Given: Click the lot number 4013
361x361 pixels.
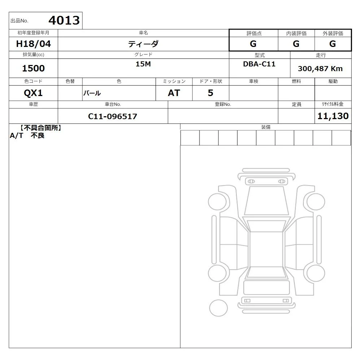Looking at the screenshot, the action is point(64,20).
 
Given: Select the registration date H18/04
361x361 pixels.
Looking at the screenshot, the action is point(33,44).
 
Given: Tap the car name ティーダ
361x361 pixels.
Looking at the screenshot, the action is point(143,44).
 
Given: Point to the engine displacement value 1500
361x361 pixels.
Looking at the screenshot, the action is point(33,68).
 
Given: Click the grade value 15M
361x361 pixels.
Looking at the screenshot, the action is point(143,64).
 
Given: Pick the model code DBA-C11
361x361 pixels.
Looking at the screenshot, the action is point(259,64).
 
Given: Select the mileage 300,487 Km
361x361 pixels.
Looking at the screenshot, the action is point(320,69).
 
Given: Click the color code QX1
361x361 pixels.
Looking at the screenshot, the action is point(33,93).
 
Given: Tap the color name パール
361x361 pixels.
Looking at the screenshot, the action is point(92,93).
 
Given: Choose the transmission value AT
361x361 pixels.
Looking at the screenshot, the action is point(174,93).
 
